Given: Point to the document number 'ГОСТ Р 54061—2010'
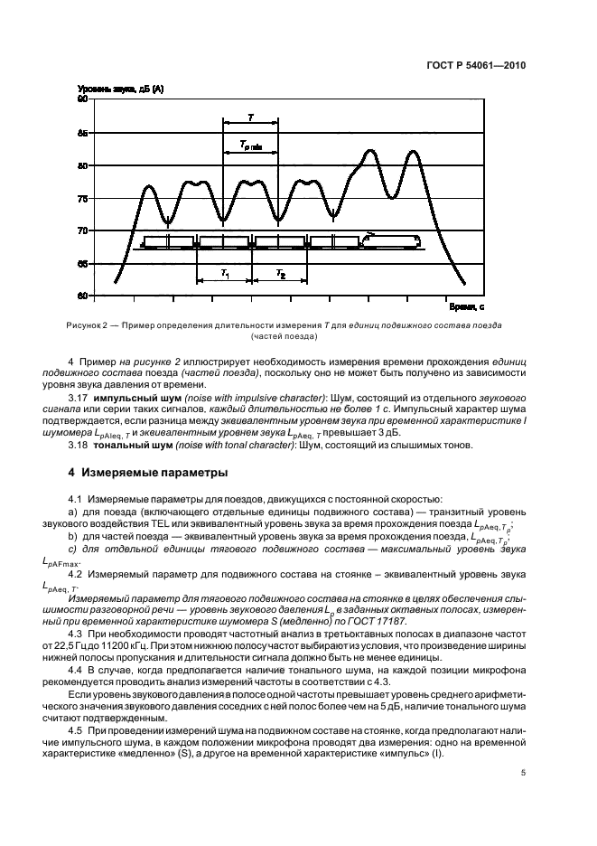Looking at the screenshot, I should [478, 65].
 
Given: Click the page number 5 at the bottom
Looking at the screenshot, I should [523, 773].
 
